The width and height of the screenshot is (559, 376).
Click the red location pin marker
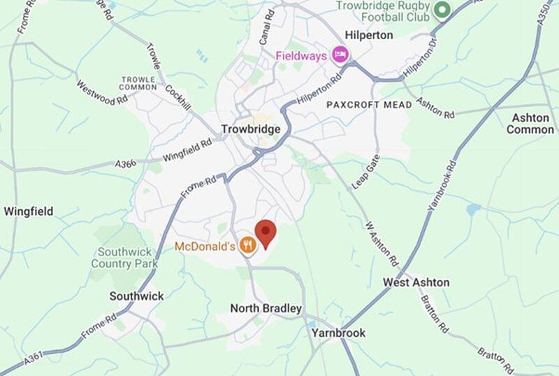266,232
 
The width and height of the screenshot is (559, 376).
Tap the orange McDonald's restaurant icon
247,245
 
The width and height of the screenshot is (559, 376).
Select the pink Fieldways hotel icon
340,55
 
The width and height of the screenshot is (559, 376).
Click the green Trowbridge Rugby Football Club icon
441,11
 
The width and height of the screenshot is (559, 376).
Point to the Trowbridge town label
250,129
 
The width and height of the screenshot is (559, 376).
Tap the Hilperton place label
370,34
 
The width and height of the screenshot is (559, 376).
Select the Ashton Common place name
530,123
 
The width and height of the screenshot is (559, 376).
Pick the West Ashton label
416,282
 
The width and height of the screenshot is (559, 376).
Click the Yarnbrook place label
338,333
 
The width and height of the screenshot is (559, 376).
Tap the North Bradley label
266,308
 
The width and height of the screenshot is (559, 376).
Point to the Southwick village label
137,296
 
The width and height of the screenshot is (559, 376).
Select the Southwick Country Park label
124,258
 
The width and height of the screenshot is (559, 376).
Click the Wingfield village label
28,211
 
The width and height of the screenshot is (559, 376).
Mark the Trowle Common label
138,83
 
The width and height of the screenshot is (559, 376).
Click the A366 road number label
126,164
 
